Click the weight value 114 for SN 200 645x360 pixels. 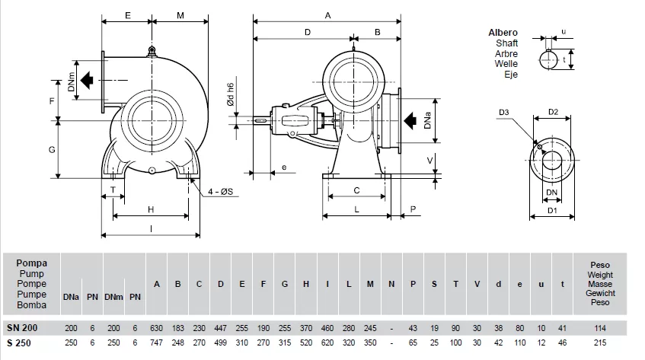pyautogui.click(x=599, y=327)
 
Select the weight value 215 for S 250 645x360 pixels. pyautogui.click(x=599, y=342)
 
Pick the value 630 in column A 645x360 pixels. pyautogui.click(x=157, y=327)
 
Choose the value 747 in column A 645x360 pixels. pyautogui.click(x=157, y=342)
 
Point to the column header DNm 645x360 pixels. pyautogui.click(x=113, y=296)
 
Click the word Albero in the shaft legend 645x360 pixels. pyautogui.click(x=503, y=33)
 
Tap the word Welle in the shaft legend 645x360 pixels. pyautogui.click(x=506, y=65)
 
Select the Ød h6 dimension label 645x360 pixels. pyautogui.click(x=230, y=99)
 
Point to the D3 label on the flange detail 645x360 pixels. pyautogui.click(x=504, y=113)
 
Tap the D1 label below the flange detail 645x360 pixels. pyautogui.click(x=553, y=211)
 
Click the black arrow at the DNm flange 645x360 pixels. pyautogui.click(x=90, y=78)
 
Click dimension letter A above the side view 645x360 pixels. pyautogui.click(x=327, y=14)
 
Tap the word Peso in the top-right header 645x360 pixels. pyautogui.click(x=600, y=264)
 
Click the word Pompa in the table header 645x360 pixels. pyautogui.click(x=31, y=263)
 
